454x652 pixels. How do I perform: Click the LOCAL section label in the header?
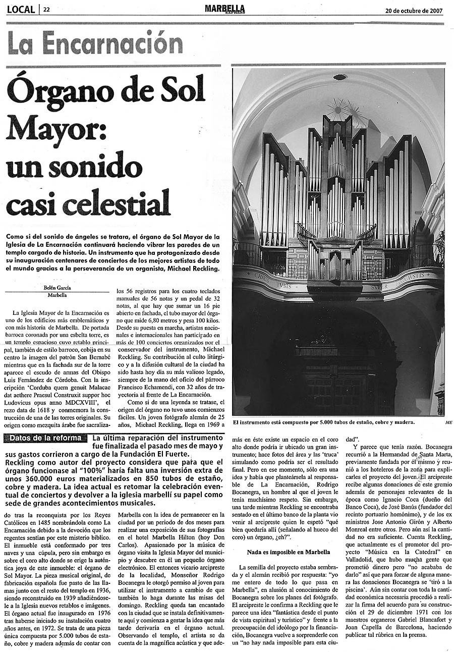click(21, 9)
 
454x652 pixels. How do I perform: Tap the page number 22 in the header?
click(46, 10)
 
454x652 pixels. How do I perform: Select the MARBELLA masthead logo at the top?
click(225, 9)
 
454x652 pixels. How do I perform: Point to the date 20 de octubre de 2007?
click(414, 10)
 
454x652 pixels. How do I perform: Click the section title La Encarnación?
click(95, 43)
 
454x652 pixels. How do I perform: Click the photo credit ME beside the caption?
click(441, 423)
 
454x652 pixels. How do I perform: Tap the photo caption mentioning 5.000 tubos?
click(323, 422)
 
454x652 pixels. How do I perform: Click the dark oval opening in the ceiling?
click(339, 77)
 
